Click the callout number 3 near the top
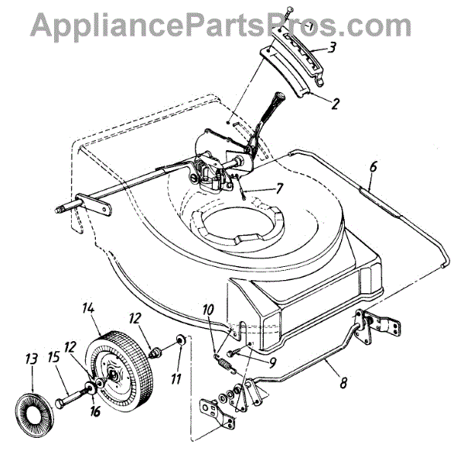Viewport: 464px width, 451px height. pyautogui.click(x=332, y=48)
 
